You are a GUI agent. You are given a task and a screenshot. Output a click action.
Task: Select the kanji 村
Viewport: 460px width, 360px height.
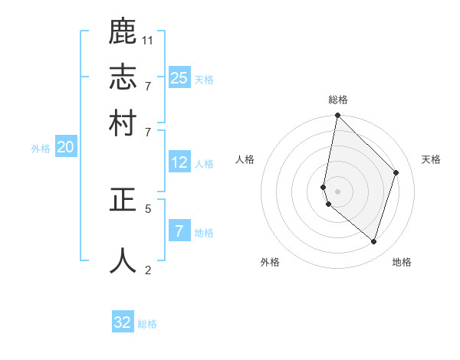pyautogui.click(x=123, y=123)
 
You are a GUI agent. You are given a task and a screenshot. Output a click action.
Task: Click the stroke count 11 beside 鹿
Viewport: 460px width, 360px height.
pyautogui.click(x=148, y=39)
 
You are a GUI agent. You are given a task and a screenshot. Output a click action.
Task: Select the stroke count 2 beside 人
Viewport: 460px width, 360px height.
pyautogui.click(x=148, y=270)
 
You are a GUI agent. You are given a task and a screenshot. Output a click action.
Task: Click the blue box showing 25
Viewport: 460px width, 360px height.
pyautogui.click(x=179, y=77)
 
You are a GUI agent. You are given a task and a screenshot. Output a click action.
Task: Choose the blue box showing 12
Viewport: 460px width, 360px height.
pyautogui.click(x=179, y=162)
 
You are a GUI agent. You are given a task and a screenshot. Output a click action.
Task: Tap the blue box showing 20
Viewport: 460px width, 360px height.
pyautogui.click(x=65, y=147)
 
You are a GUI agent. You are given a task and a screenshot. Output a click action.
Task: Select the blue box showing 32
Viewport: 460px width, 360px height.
pyautogui.click(x=123, y=322)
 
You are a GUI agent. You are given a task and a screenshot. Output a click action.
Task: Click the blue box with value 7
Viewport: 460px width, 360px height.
pyautogui.click(x=179, y=231)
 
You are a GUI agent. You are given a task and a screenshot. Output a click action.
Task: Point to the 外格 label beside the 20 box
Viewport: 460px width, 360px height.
pyautogui.click(x=41, y=149)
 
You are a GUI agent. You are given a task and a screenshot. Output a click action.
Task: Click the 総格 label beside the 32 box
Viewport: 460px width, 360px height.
pyautogui.click(x=147, y=324)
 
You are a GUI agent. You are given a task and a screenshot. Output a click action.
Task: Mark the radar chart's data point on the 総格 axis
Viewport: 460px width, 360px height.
pyautogui.click(x=337, y=116)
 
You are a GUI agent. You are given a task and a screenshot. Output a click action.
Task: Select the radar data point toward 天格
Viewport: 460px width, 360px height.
pyautogui.click(x=396, y=172)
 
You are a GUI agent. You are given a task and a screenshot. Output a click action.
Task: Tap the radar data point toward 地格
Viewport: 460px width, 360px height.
pyautogui.click(x=374, y=241)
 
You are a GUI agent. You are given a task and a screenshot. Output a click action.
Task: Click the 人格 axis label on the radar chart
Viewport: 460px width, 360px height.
pyautogui.click(x=245, y=159)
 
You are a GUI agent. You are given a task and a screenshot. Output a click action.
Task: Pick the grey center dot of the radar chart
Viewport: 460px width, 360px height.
pyautogui.click(x=337, y=191)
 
